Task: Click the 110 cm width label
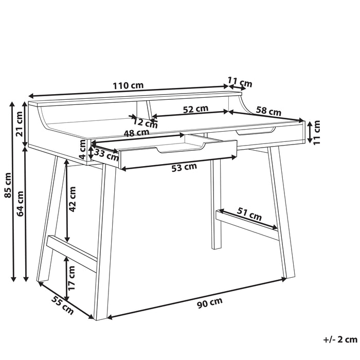[x=128, y=86]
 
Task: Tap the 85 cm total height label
[x=8, y=185]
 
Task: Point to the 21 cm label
[x=20, y=124]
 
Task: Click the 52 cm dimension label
[x=195, y=109]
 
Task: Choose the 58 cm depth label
[x=268, y=111]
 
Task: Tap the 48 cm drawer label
[x=136, y=133]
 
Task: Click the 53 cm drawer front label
[x=184, y=167]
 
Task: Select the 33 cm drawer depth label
[x=106, y=155]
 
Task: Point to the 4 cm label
[x=82, y=149]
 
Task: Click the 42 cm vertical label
[x=72, y=199]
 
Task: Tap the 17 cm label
[x=71, y=278]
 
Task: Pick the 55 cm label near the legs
[x=62, y=305]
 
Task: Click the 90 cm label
[x=210, y=303]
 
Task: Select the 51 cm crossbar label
[x=249, y=213]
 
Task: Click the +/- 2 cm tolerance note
[x=340, y=339]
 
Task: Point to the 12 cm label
[x=146, y=123]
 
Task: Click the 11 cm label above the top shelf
[x=240, y=82]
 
